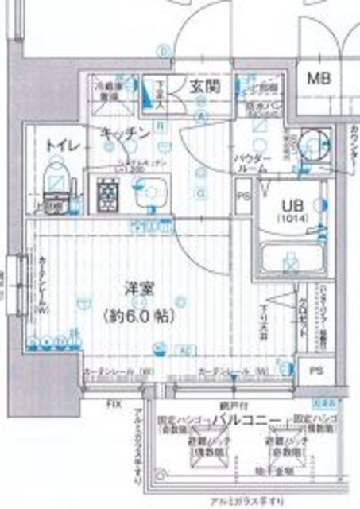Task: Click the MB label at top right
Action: coord(320,80)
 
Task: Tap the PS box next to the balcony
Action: coord(316,370)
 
